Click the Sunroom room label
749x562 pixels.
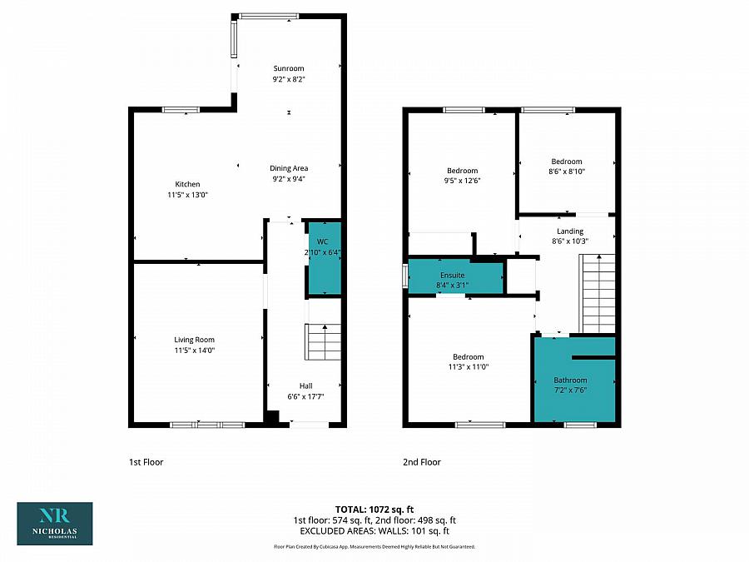coord(289,68)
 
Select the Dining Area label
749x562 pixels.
coord(289,168)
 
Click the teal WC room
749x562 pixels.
coord(324,258)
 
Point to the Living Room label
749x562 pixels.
coord(194,340)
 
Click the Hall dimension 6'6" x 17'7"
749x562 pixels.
coord(306,397)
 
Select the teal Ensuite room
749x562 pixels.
coord(454,278)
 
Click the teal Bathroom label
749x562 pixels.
coord(572,380)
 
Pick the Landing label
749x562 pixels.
coord(570,231)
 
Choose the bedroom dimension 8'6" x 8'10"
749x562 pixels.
coord(567,172)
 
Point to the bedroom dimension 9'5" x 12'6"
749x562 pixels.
coord(462,181)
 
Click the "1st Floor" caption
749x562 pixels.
coord(146,462)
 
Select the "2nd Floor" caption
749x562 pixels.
coord(423,462)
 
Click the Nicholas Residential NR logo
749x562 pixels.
coord(55,523)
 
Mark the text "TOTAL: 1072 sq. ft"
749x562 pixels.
coord(374,509)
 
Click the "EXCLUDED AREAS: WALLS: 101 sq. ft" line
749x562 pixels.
coord(374,530)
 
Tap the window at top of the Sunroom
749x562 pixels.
coord(268,15)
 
